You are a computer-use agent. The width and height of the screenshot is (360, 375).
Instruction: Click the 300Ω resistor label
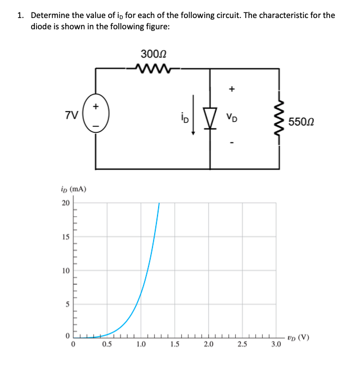tap(154, 55)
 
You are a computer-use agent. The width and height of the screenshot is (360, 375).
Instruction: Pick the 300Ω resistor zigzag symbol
tap(154, 69)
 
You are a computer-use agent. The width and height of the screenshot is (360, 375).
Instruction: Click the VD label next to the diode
tap(231, 118)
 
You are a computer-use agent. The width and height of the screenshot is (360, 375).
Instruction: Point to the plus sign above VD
tap(231, 88)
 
